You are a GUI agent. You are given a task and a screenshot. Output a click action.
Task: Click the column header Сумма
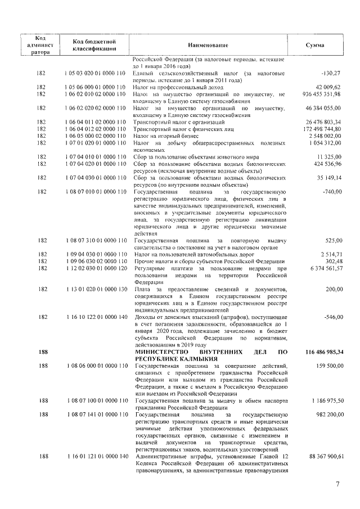(x=314, y=44)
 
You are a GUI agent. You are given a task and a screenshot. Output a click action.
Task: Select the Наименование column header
(x=209, y=44)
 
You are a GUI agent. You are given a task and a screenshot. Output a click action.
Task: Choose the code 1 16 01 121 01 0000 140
(x=94, y=457)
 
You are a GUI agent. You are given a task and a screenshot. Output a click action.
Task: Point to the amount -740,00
(x=332, y=192)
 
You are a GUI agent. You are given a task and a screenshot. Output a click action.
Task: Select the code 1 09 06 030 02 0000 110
(x=94, y=262)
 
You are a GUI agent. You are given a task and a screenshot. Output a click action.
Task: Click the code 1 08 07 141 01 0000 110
(x=94, y=415)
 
